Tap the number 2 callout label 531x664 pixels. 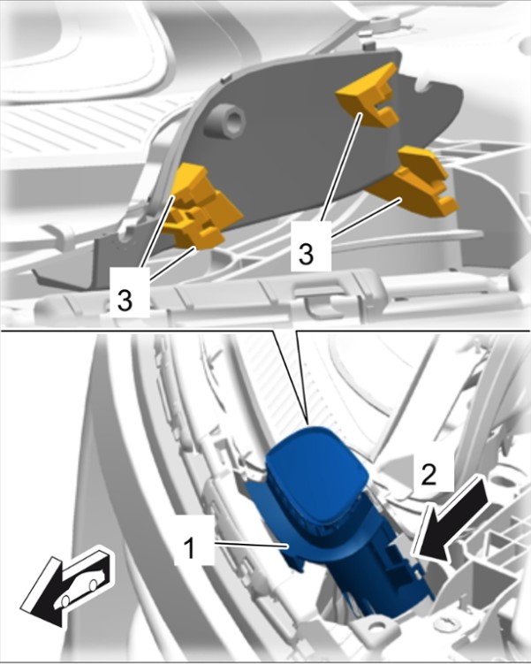431,475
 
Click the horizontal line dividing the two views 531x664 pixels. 265,331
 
